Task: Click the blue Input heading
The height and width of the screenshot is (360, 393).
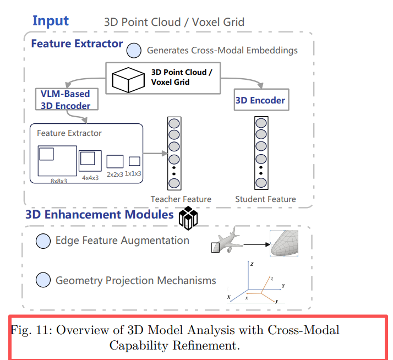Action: click(51, 21)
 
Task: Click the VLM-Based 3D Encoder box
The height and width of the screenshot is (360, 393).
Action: click(65, 99)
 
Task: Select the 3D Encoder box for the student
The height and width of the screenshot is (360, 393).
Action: click(260, 100)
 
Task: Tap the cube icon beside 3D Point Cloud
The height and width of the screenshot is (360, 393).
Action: click(128, 79)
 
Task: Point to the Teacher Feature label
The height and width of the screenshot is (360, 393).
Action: click(181, 199)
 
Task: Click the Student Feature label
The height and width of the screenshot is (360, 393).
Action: click(265, 199)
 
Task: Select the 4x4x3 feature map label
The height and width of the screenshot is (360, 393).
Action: click(90, 177)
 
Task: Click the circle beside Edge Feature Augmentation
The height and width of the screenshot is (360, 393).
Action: click(43, 241)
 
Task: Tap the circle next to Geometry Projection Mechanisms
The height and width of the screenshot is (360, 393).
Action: click(43, 280)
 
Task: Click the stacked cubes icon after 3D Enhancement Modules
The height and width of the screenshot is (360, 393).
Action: click(188, 217)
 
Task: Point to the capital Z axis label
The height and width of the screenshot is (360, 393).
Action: click(252, 265)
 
